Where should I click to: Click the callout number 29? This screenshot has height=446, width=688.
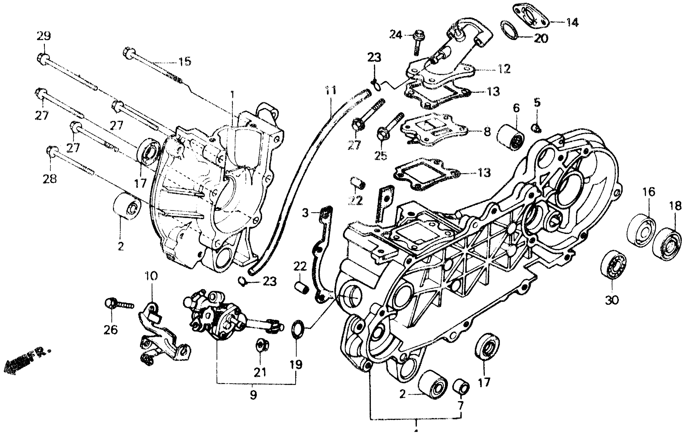tap(44, 36)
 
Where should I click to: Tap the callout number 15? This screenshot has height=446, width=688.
tap(185, 62)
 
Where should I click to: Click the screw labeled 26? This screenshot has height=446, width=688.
tap(119, 304)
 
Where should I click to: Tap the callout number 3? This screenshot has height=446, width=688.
tap(305, 213)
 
